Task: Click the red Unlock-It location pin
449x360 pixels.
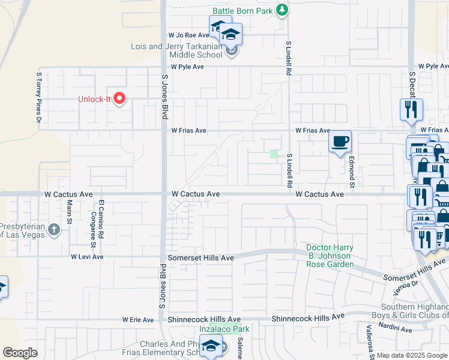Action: [119, 98]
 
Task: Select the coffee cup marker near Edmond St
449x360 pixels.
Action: [340, 142]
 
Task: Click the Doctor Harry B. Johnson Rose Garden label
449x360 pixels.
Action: [329, 256]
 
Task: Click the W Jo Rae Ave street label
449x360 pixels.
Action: [188, 35]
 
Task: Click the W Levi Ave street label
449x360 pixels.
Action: [87, 257]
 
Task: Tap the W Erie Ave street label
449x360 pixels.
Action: [138, 320]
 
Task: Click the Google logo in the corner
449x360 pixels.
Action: [20, 353]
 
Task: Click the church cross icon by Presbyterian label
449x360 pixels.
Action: [53, 229]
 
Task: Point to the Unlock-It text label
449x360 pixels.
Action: [95, 99]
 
